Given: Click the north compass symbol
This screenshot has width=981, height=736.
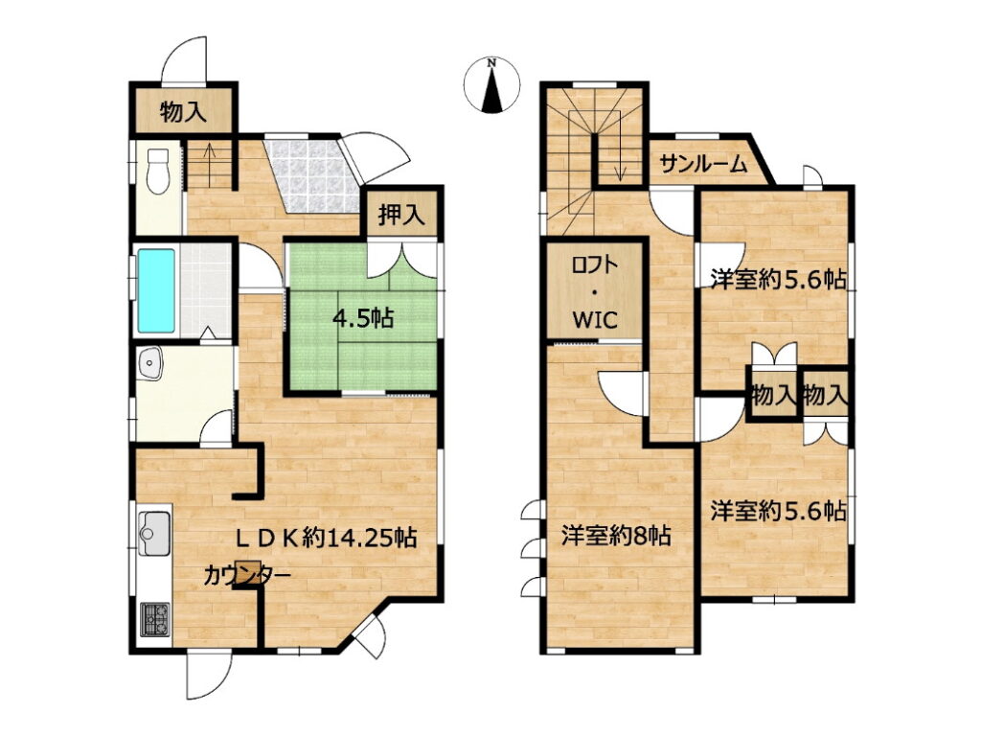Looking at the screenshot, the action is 493,85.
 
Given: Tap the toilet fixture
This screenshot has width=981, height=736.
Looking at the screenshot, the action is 157,170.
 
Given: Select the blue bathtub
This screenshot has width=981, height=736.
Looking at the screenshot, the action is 156,290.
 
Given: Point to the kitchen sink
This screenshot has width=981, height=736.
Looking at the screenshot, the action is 153,533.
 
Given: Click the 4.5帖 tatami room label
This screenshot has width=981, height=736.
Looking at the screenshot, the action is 363,318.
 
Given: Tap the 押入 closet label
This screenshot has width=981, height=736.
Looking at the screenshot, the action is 401,215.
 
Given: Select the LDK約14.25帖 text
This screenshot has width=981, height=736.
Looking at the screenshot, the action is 326,537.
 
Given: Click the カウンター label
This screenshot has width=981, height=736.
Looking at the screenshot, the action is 247,575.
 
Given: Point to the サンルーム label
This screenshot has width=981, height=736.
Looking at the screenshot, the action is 704,164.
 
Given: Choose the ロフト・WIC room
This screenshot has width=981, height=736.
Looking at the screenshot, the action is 595,291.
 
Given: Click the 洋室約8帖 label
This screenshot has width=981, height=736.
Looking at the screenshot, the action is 617,536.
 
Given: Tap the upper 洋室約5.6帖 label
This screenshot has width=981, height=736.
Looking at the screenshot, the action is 778,279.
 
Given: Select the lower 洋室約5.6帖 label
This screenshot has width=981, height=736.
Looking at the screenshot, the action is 778,512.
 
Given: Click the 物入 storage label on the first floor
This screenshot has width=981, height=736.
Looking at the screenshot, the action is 183,112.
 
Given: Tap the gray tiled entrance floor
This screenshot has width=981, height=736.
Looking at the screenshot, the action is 313,173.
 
